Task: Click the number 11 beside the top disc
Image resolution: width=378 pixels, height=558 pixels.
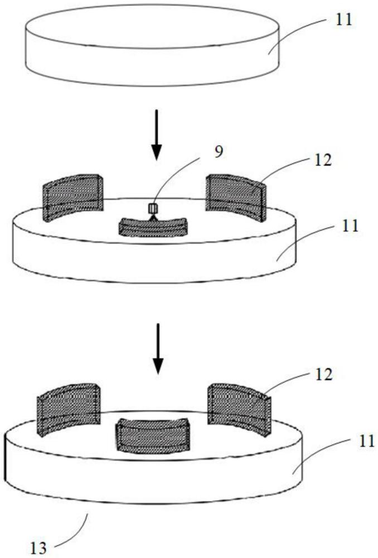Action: (345, 21)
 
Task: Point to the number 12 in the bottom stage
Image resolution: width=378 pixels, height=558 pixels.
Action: (323, 374)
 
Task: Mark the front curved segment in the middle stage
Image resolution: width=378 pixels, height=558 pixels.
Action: (154, 227)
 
